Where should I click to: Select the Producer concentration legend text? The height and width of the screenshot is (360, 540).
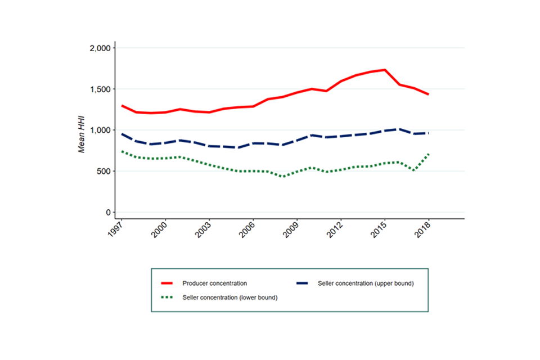214,283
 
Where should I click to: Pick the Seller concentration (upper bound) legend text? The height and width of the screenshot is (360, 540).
366,283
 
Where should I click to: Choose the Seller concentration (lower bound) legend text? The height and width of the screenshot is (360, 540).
230,297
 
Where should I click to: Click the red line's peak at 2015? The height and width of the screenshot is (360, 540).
385,70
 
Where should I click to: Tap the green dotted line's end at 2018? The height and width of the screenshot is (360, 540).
429,154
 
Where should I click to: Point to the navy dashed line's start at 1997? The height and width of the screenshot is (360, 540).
122,134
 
